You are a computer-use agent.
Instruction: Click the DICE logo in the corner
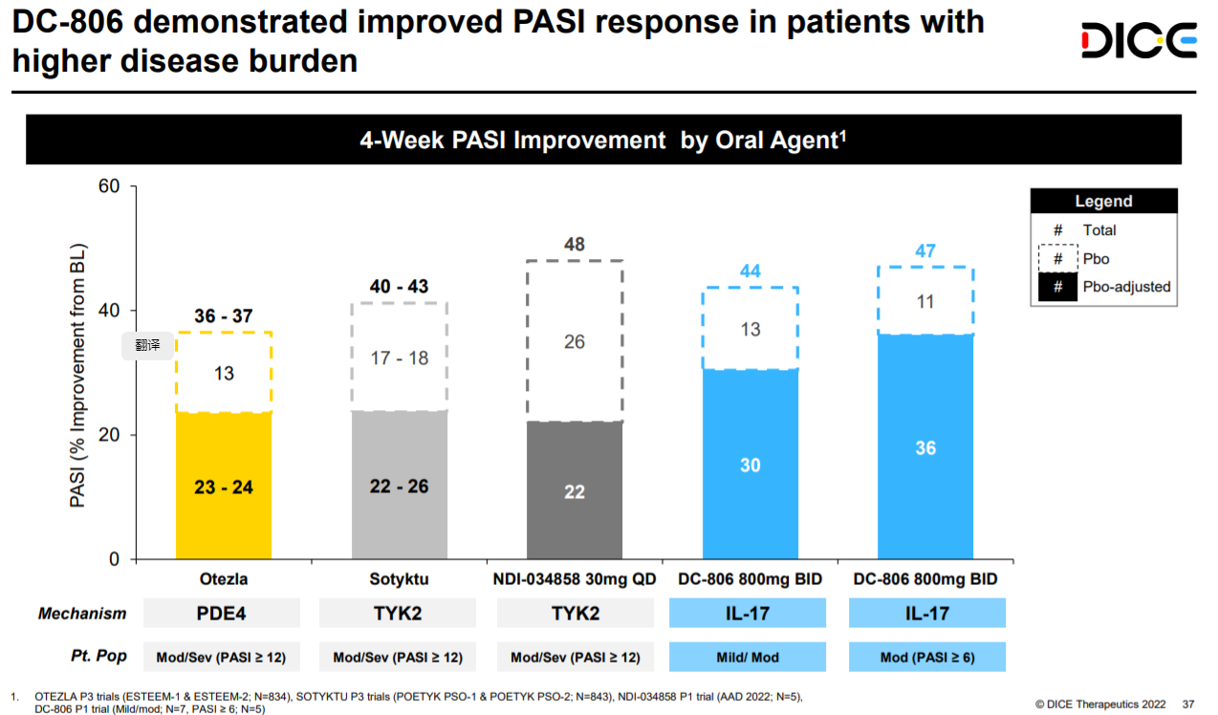coord(1139,40)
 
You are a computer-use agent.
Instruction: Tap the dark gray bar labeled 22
coord(575,490)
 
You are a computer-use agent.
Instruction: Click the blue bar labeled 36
coord(925,446)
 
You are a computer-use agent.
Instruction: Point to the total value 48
coord(575,245)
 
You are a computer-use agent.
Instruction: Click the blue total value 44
coord(750,271)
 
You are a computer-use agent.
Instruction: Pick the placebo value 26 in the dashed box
coord(575,341)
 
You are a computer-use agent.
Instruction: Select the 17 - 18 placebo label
coord(400,358)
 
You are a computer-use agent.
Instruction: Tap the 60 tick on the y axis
coord(110,186)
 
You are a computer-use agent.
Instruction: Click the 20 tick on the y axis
coord(110,435)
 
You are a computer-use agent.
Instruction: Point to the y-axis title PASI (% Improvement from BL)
coord(78,373)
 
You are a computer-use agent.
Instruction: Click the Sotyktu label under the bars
coord(400,579)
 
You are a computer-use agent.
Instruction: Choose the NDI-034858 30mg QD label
coord(575,579)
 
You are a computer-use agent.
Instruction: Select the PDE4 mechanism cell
coord(222,613)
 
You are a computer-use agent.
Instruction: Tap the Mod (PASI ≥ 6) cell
coord(926,658)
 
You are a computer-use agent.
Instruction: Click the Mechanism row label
coord(82,614)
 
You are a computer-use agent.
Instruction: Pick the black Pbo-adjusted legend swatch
coord(1057,287)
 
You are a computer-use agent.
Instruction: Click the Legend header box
coord(1103,201)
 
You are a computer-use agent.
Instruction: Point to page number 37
coord(1188,704)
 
